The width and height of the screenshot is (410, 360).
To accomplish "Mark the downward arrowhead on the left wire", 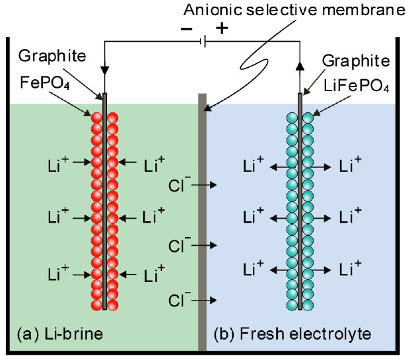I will click(x=104, y=70).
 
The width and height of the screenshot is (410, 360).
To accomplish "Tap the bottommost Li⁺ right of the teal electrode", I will click(x=349, y=269).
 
